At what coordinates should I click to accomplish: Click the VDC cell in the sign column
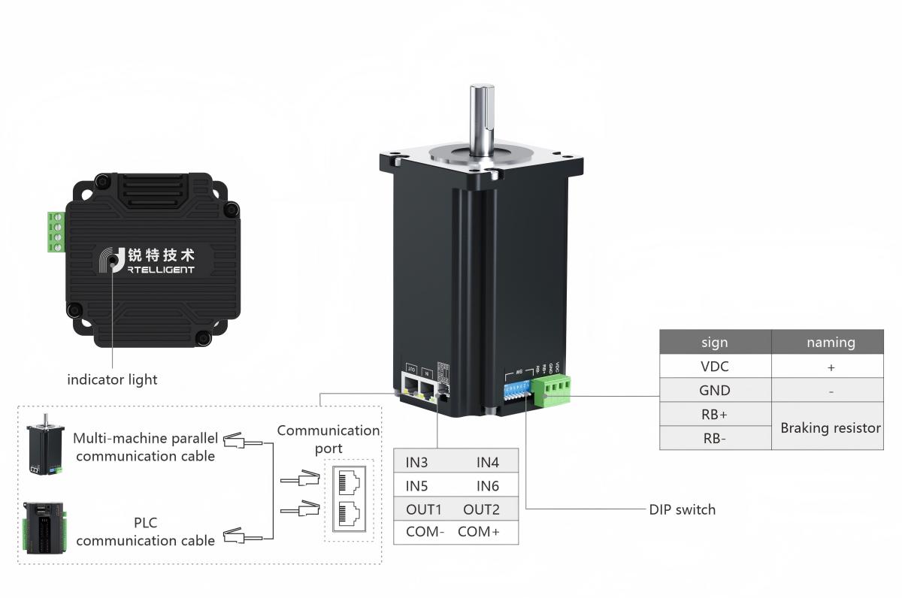pos(714,367)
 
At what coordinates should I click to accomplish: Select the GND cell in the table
pos(714,391)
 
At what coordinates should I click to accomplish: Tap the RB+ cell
pos(714,415)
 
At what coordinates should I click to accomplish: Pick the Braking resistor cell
pos(830,427)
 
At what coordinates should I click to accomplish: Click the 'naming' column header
pos(831,342)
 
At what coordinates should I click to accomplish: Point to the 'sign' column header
pos(714,342)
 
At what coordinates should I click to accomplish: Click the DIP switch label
pos(682,509)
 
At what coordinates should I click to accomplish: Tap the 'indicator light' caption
pos(112,379)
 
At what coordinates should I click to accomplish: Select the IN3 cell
pos(416,463)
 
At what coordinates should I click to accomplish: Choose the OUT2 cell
pos(481,510)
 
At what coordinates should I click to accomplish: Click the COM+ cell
pos(479,533)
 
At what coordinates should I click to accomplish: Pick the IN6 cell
pos(487,486)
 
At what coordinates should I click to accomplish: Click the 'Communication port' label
pos(328,439)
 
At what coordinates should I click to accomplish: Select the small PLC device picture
pos(47,528)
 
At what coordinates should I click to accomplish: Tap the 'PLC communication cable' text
pos(146,531)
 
